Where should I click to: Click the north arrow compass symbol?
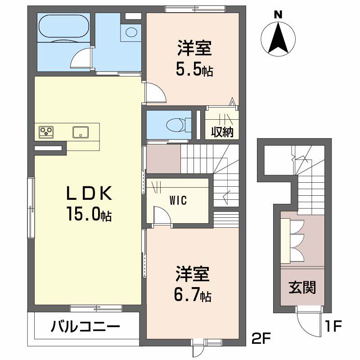[279, 38]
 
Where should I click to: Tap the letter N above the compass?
[279, 14]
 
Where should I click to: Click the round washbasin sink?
[131, 32]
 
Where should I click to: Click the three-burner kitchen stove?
[46, 131]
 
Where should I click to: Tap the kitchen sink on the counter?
[81, 132]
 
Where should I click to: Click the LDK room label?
[88, 193]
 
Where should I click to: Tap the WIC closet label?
[178, 200]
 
